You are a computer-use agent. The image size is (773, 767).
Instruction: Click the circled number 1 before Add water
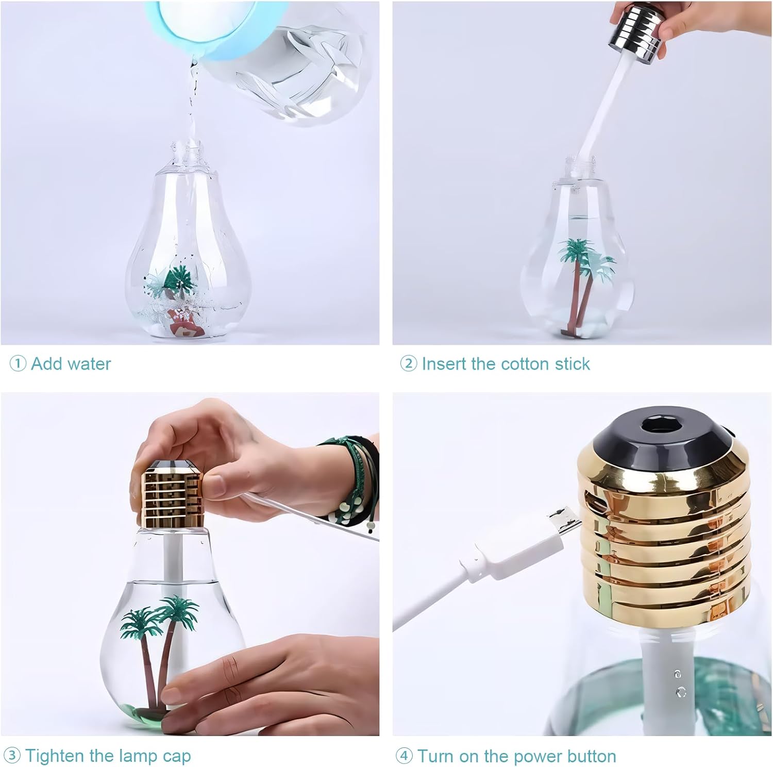click(x=18, y=364)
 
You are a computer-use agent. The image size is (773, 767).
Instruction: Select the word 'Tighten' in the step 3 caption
click(x=55, y=756)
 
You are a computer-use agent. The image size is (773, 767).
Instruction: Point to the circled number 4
click(x=404, y=756)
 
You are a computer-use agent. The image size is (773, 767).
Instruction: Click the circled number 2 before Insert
click(x=408, y=364)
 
